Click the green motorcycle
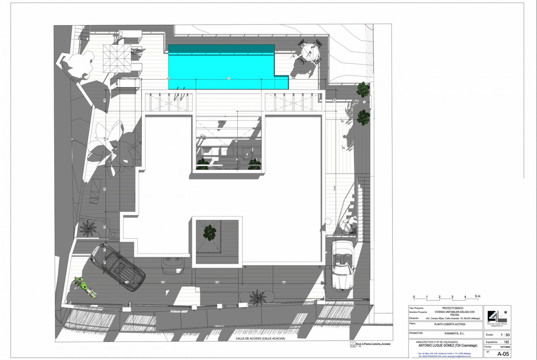85,287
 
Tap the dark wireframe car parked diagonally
117,267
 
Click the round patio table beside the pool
310,53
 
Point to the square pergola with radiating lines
117,59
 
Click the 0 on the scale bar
414,297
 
